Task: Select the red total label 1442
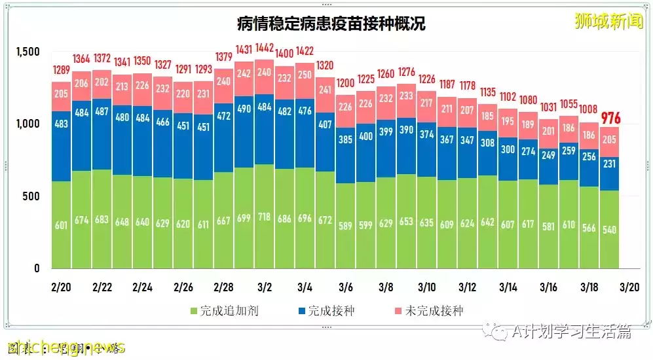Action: pyautogui.click(x=265, y=48)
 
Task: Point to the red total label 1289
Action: pyautogui.click(x=61, y=70)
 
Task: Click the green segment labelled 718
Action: pyautogui.click(x=265, y=216)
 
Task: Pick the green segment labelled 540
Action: pyautogui.click(x=610, y=229)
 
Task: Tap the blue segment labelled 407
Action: pyautogui.click(x=326, y=142)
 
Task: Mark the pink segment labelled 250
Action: pyautogui.click(x=305, y=75)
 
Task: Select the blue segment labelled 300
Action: pyautogui.click(x=508, y=149)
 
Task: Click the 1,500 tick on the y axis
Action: pyautogui.click(x=28, y=52)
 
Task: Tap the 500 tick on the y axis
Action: pyautogui.click(x=32, y=196)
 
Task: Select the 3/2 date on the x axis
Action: pyautogui.click(x=264, y=287)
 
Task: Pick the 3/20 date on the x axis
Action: pyautogui.click(x=629, y=287)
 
